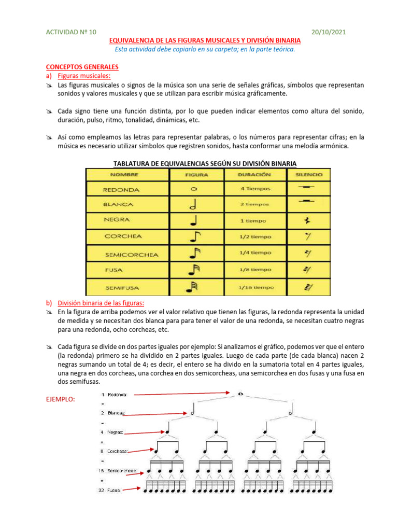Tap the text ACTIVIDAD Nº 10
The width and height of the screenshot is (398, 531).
[x=72, y=32]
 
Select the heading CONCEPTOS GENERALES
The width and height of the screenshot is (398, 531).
[x=82, y=67]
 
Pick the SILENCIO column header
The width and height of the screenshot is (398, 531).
[x=309, y=175]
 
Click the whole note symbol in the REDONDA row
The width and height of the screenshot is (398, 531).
[x=193, y=189]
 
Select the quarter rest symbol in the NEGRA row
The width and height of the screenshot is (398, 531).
[x=308, y=221]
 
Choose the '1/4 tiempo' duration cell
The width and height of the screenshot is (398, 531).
[x=255, y=253]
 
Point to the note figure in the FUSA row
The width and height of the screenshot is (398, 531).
[x=193, y=270]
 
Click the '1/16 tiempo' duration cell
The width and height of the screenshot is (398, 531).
[x=255, y=287]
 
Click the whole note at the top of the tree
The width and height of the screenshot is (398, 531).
[x=240, y=395]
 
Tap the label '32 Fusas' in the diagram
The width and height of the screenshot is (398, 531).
[x=110, y=490]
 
